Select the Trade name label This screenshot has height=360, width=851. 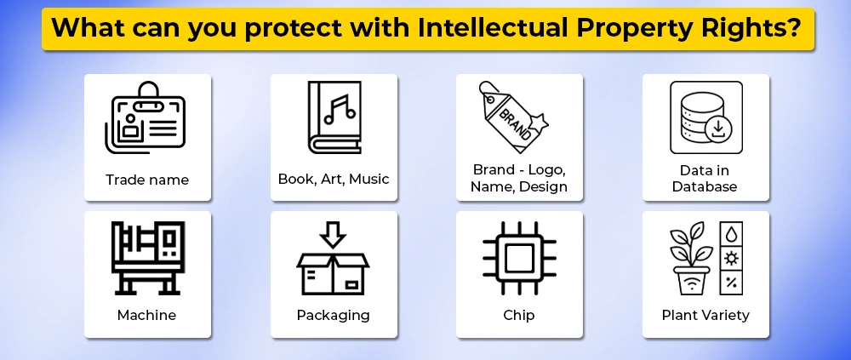(x=147, y=180)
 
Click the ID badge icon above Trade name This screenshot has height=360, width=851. (x=146, y=117)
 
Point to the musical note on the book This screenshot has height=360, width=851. (x=340, y=110)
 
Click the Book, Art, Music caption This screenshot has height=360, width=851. (x=334, y=180)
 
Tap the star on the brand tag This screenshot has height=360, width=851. (x=538, y=123)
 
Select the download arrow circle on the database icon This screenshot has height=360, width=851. (x=718, y=129)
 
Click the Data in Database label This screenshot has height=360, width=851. (x=705, y=179)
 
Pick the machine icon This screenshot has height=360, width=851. (x=147, y=258)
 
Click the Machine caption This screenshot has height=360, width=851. (x=146, y=315)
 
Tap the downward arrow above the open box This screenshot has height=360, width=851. (x=333, y=235)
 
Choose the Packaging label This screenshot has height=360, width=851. (x=334, y=316)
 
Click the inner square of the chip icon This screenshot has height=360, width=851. (x=519, y=259)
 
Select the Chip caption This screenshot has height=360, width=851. (x=519, y=316)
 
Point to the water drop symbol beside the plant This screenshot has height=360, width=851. (x=732, y=234)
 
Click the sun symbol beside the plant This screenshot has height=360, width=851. (x=732, y=259)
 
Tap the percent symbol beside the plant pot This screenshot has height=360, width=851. (x=732, y=283)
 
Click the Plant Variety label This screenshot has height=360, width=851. (x=705, y=316)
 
